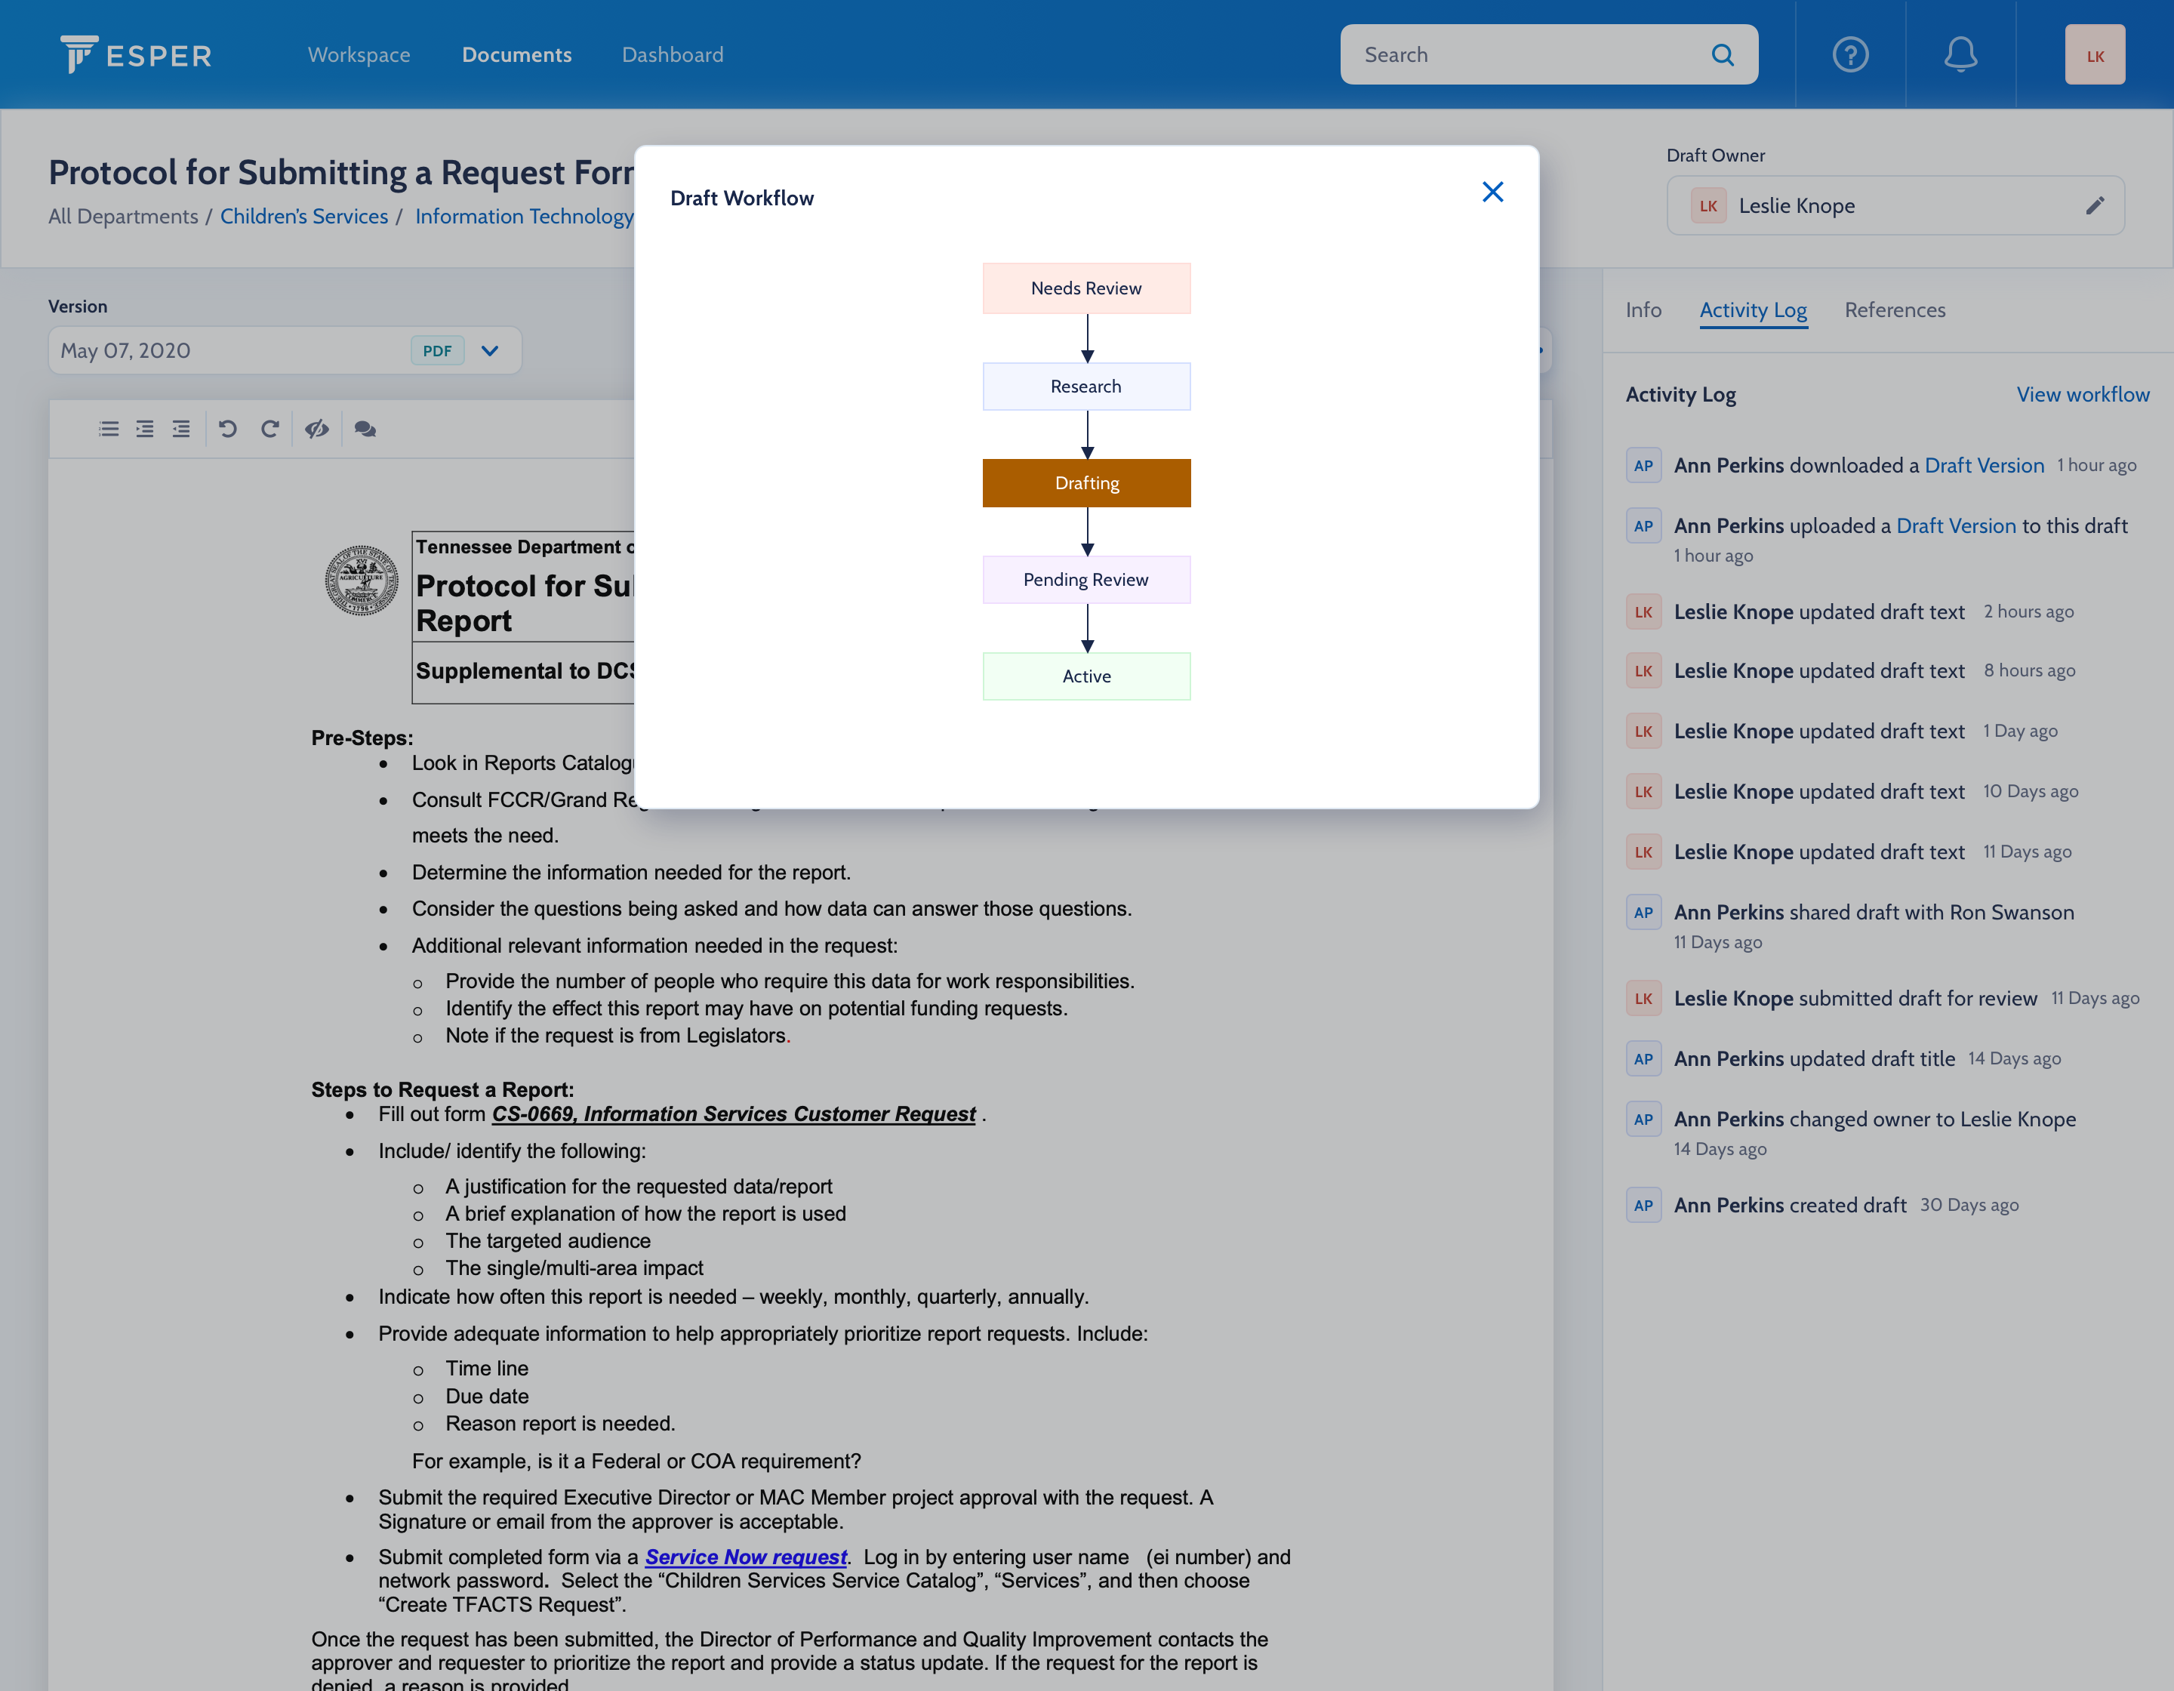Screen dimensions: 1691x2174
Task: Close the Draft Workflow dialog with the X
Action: pyautogui.click(x=1492, y=192)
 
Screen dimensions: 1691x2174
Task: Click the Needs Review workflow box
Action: pyautogui.click(x=1086, y=288)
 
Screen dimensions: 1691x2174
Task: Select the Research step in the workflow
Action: pyautogui.click(x=1086, y=387)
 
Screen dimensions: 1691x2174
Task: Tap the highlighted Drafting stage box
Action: pyautogui.click(x=1086, y=482)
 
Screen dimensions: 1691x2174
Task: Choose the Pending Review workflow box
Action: pyautogui.click(x=1086, y=579)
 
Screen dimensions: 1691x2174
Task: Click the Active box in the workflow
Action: pyautogui.click(x=1086, y=676)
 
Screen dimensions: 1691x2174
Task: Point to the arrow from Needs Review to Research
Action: pyautogui.click(x=1087, y=338)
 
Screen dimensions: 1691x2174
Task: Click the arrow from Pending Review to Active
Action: pyautogui.click(x=1087, y=628)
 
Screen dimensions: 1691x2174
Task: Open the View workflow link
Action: pyautogui.click(x=2083, y=394)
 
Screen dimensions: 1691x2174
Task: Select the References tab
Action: pyautogui.click(x=1894, y=310)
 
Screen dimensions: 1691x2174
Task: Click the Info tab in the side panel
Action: pyautogui.click(x=1643, y=310)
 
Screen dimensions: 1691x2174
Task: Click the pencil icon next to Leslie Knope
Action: pyautogui.click(x=2095, y=206)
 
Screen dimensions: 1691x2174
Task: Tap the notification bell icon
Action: pyautogui.click(x=1960, y=55)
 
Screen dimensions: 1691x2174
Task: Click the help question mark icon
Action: pyautogui.click(x=1849, y=55)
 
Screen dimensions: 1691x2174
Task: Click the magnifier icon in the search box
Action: pyautogui.click(x=1722, y=55)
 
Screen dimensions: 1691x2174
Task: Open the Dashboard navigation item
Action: pyautogui.click(x=672, y=55)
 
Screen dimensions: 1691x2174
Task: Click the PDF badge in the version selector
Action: pyautogui.click(x=437, y=350)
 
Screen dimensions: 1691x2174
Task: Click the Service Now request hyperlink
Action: pyautogui.click(x=746, y=1557)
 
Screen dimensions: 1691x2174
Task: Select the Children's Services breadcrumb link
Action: pyautogui.click(x=303, y=216)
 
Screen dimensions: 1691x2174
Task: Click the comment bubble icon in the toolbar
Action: pyautogui.click(x=365, y=429)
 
